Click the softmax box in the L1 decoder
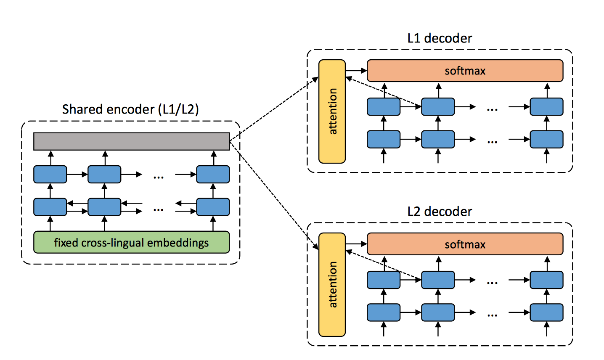point(465,71)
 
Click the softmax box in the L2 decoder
point(465,244)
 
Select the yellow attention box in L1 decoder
point(332,111)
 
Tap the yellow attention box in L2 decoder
point(332,285)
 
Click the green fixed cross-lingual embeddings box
point(131,243)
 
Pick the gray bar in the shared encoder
point(131,141)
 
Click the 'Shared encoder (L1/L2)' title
point(130,109)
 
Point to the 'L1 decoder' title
point(440,38)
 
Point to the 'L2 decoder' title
point(440,212)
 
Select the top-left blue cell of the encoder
point(50,174)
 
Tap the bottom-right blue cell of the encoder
point(213,207)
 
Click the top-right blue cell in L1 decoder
point(546,107)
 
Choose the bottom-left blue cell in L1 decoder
point(384,139)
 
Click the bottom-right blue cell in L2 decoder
point(546,312)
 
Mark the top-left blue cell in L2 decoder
point(384,280)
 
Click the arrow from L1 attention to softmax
point(356,71)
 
